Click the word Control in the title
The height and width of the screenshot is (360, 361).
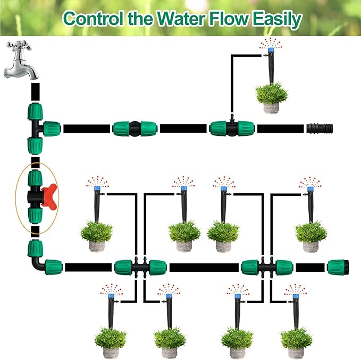[94, 20]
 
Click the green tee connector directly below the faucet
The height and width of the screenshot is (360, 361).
[37, 126]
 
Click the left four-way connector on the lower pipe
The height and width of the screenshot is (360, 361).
[140, 267]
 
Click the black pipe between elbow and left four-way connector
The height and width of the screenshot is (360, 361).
[88, 266]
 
